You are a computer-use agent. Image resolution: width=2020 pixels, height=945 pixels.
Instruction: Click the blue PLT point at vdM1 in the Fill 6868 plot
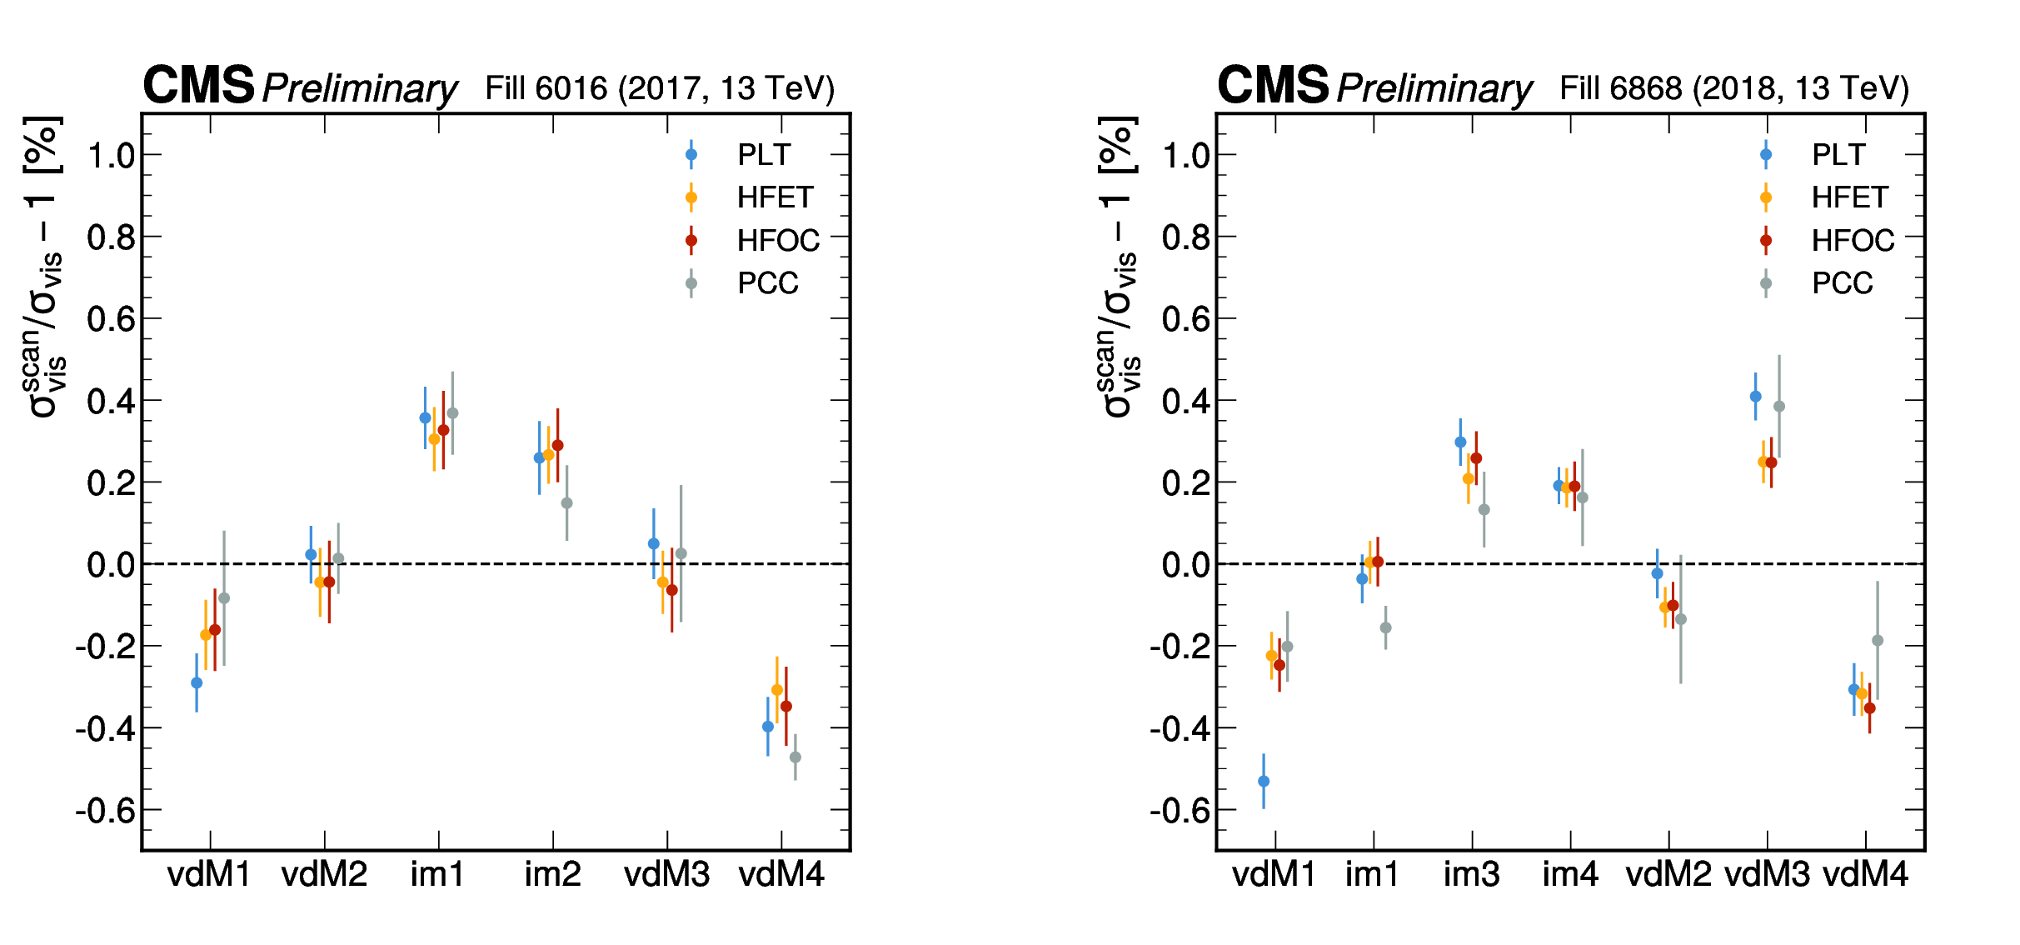(x=1264, y=781)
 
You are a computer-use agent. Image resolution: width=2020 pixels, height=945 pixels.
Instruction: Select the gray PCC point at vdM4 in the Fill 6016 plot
(x=796, y=757)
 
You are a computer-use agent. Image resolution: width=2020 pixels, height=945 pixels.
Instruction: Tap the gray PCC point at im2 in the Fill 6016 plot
(x=567, y=502)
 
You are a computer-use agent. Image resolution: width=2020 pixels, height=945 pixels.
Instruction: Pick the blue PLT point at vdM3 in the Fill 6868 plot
(x=1756, y=397)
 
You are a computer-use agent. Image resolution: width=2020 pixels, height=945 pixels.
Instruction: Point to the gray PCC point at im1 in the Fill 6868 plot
(x=1386, y=627)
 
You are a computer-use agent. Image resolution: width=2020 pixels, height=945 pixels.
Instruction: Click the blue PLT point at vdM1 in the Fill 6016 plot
(x=197, y=682)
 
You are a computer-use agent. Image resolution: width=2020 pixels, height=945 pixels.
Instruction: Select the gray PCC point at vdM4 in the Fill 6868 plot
(x=1878, y=640)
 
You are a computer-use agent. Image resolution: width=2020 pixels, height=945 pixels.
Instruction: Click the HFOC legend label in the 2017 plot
(x=778, y=241)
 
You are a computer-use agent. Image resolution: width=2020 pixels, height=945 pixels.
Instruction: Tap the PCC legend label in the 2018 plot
(x=1842, y=283)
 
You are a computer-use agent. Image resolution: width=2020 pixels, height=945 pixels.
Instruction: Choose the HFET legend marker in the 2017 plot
(x=691, y=197)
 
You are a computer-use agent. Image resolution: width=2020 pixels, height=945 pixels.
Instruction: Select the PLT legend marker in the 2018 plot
(x=1766, y=154)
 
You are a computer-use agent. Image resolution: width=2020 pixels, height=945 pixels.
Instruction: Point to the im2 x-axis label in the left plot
(x=552, y=875)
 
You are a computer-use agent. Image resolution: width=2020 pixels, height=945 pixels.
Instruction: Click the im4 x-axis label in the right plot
(x=1570, y=875)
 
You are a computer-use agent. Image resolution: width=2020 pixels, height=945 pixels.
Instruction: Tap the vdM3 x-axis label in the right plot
(x=1767, y=875)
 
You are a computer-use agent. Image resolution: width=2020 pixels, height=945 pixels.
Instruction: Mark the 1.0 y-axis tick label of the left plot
(x=112, y=155)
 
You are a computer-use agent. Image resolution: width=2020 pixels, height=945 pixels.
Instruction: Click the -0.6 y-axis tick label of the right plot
(x=1180, y=810)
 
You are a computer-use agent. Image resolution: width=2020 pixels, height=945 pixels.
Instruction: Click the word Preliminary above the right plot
(x=1434, y=88)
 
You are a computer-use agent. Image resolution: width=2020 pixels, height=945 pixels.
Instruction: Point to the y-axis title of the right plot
(x=1118, y=267)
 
